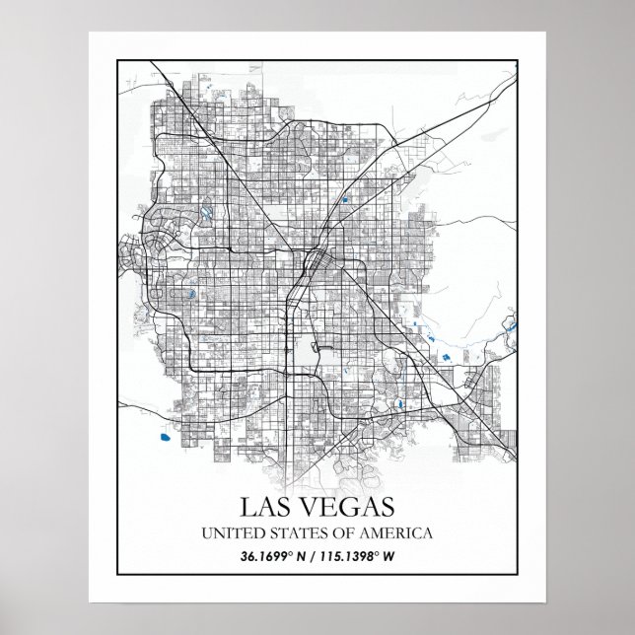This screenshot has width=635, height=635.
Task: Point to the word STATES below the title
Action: tap(293, 533)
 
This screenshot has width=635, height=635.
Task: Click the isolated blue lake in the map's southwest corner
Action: tap(160, 431)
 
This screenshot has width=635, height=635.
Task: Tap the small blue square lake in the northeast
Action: tap(346, 199)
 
